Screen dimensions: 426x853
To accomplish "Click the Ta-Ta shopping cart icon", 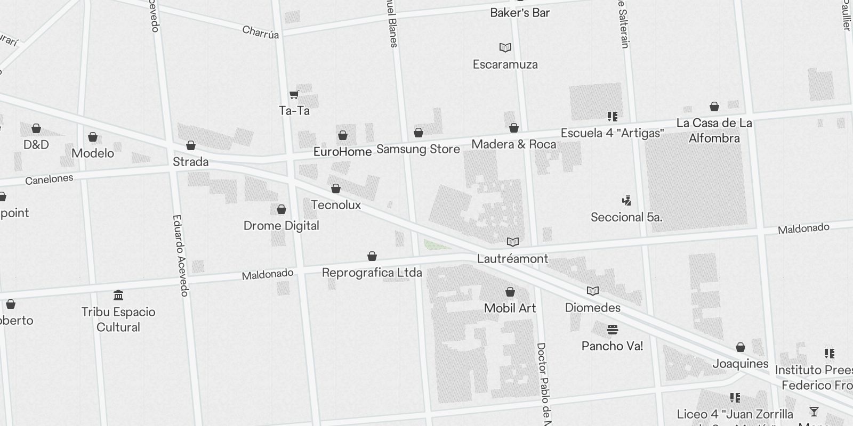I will [294, 95].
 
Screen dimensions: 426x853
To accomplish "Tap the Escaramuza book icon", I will [505, 48].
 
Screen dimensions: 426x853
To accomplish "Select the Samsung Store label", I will [418, 149].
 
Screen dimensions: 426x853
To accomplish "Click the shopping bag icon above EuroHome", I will [343, 135].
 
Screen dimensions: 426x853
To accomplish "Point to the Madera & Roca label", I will [513, 144].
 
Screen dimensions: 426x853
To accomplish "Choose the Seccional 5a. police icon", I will [626, 201].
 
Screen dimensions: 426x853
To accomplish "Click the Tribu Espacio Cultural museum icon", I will [118, 296].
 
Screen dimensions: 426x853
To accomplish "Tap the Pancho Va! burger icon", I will [612, 330].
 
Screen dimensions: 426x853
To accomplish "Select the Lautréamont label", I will [512, 259].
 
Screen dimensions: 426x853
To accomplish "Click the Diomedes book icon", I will [593, 291].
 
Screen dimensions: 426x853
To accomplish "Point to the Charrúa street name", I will [261, 32].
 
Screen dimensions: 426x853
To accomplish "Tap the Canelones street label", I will [49, 179].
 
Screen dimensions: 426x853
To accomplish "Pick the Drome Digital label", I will [281, 226].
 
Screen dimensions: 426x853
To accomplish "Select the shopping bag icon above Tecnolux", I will [336, 189].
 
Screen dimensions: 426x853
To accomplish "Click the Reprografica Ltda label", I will [372, 273].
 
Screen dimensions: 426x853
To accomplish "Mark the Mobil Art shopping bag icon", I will [510, 292].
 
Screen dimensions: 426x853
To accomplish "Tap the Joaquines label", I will [741, 364].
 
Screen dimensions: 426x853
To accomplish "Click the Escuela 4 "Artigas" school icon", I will [612, 116].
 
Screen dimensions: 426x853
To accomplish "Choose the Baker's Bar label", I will [520, 13].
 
